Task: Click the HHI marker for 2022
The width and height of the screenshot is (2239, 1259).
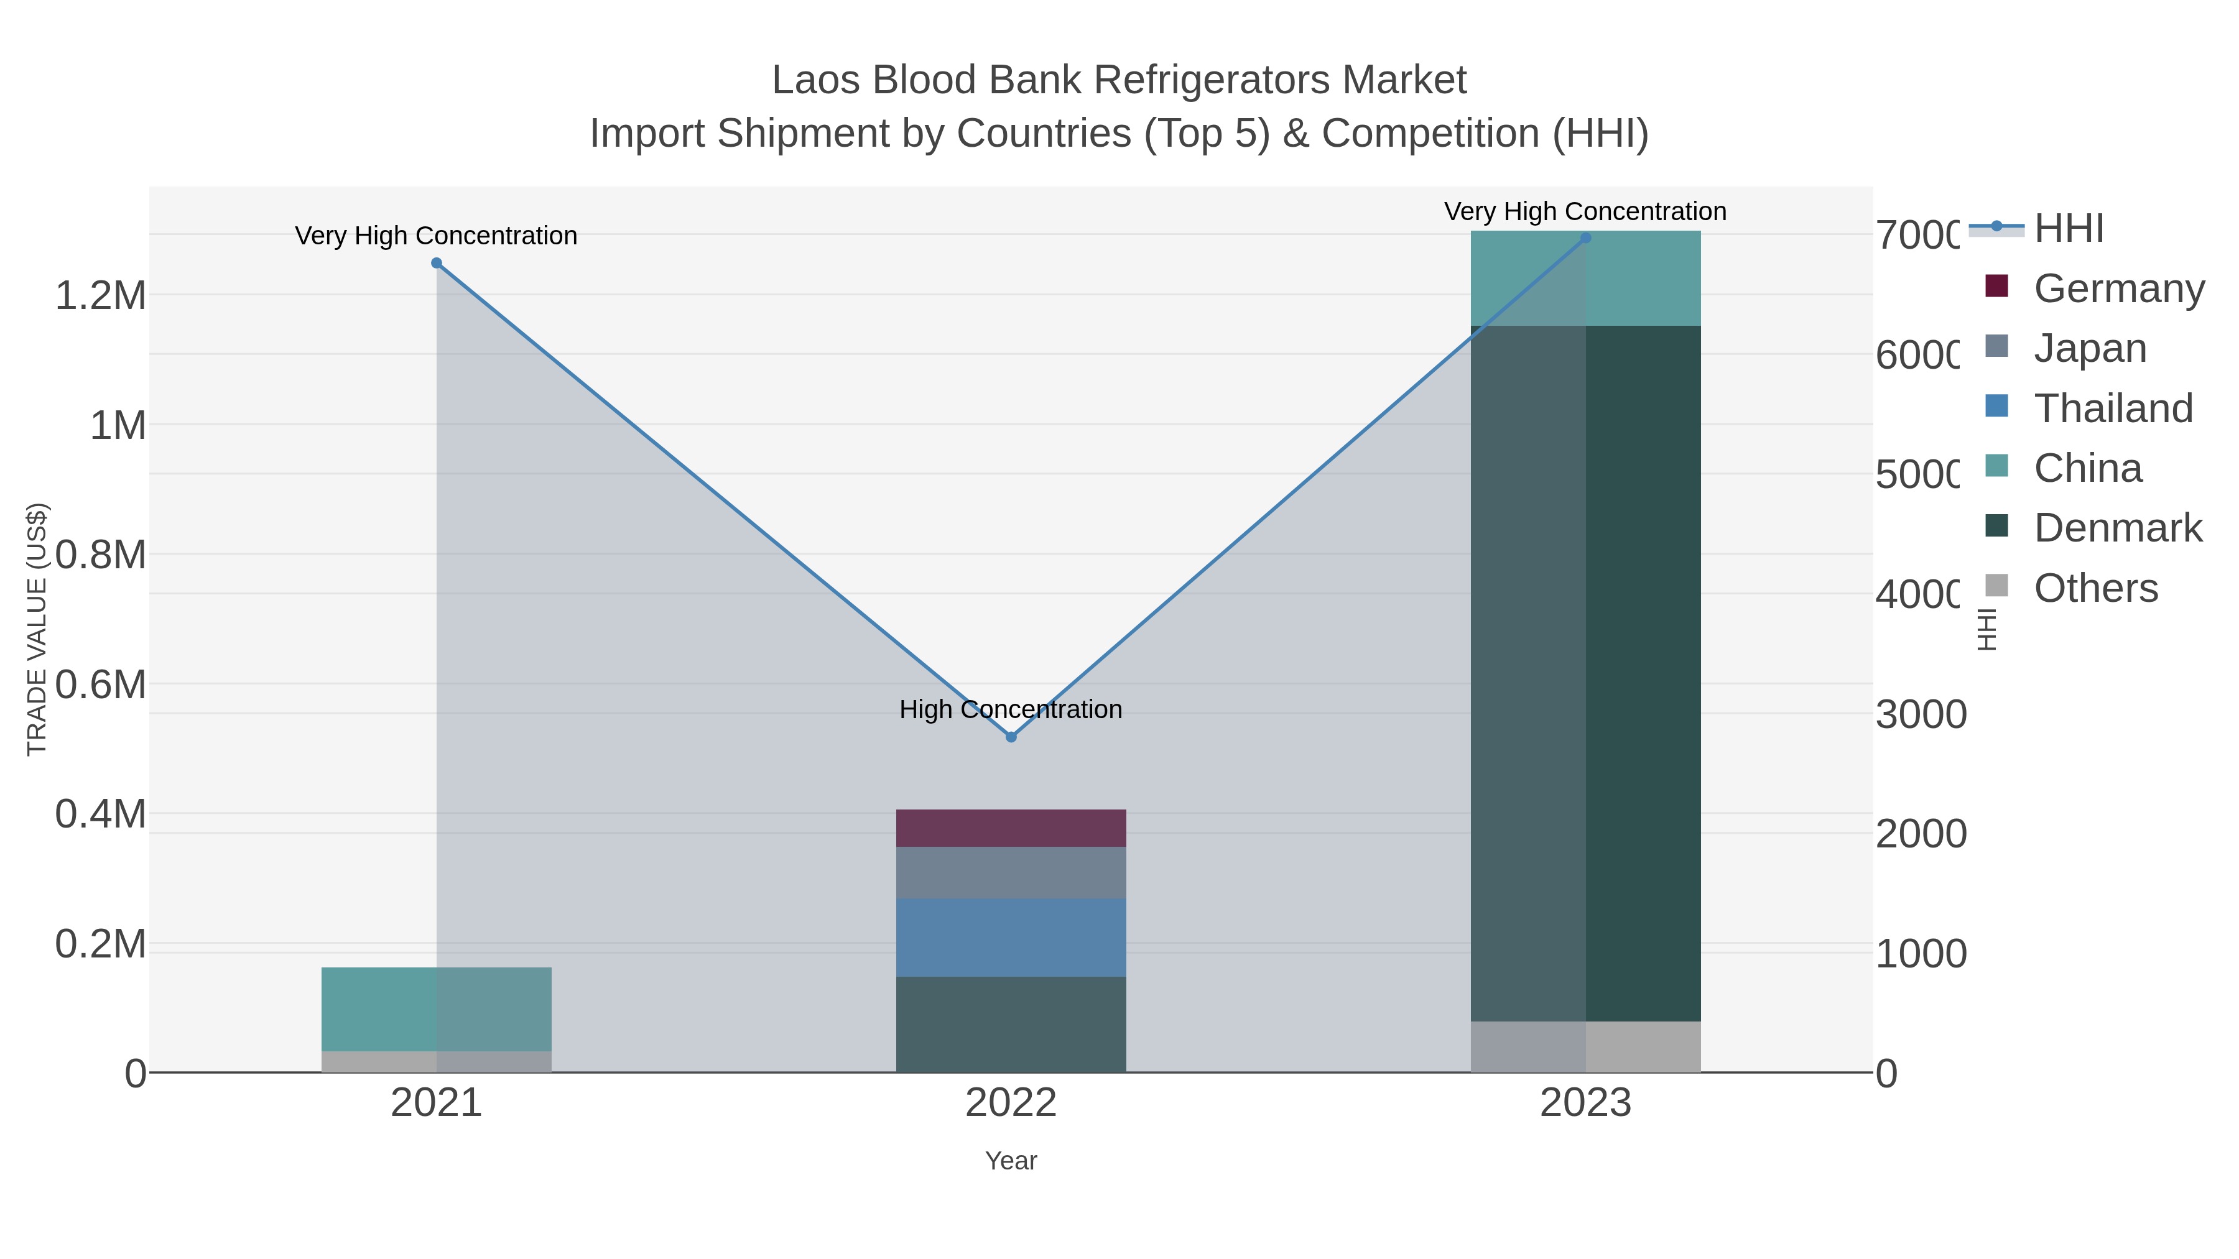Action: (x=1011, y=737)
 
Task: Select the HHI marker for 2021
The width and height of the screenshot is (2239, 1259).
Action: (x=437, y=263)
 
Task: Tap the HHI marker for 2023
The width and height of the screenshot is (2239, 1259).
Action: (x=1585, y=238)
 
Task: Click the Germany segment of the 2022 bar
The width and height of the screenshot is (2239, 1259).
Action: (x=1011, y=828)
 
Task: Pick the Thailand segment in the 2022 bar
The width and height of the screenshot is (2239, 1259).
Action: (x=1011, y=938)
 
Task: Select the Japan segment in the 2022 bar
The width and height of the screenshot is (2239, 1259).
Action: (x=1011, y=872)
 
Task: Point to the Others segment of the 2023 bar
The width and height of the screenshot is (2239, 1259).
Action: (x=1585, y=1046)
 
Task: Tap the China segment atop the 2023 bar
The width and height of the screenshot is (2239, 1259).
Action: (x=1585, y=278)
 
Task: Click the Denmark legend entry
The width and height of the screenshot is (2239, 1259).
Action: (x=2117, y=527)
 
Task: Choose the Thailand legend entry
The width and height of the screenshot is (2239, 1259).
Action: (x=2113, y=407)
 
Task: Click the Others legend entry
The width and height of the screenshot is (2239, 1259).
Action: (x=2095, y=588)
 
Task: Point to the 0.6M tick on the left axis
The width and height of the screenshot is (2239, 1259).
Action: (x=101, y=685)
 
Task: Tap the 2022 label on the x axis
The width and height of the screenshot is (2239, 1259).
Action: (x=1011, y=1102)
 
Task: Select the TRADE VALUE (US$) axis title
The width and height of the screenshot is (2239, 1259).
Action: (x=37, y=629)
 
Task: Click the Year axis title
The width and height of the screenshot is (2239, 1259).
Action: (x=1011, y=1160)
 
